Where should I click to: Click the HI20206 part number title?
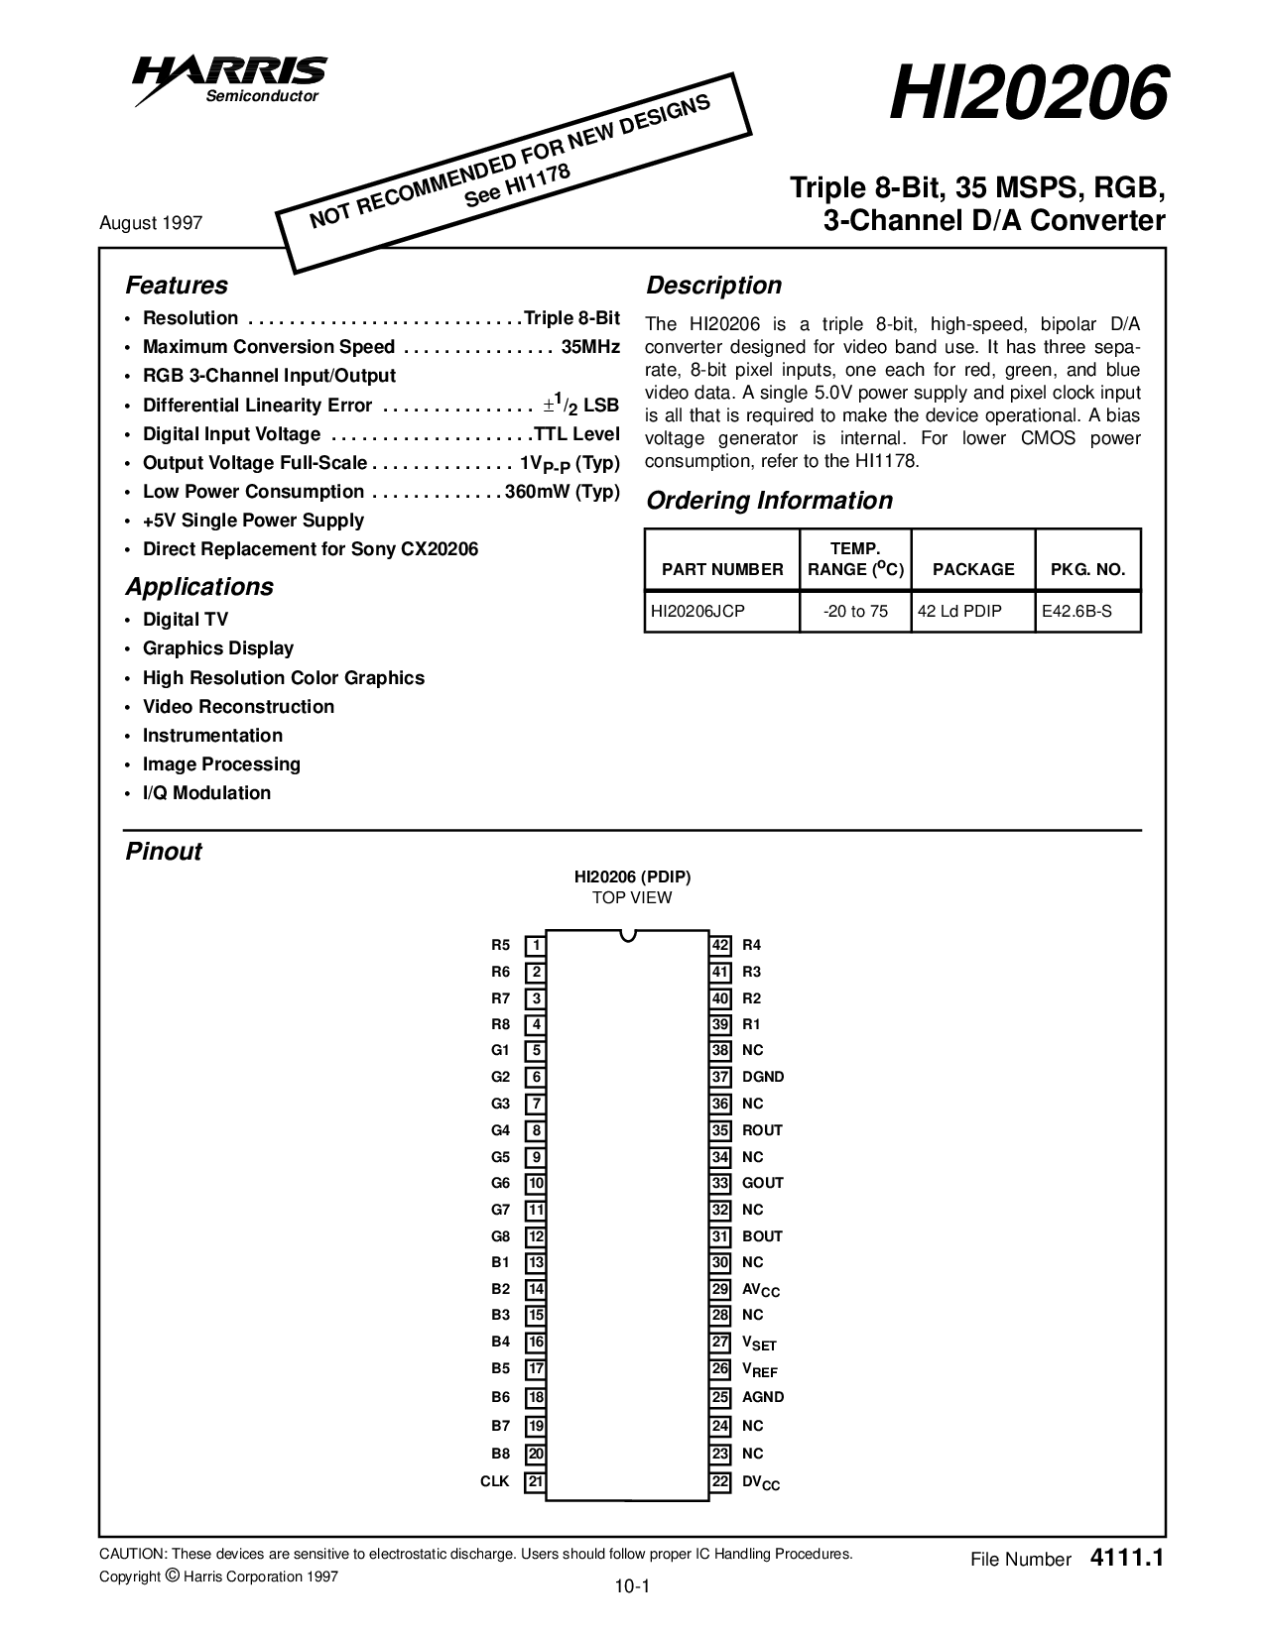tap(1026, 94)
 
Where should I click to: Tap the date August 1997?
tap(151, 222)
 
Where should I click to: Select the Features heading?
tap(176, 286)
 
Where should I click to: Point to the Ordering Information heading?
tap(769, 501)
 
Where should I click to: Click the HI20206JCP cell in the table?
tap(697, 612)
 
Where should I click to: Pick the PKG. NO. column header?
tap(1087, 569)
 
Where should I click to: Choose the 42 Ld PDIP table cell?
tap(959, 612)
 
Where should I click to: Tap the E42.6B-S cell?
tap(1076, 612)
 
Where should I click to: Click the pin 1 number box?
tap(536, 946)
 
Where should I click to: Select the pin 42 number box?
tap(721, 946)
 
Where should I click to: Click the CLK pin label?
tap(494, 1481)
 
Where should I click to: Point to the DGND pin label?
tap(763, 1077)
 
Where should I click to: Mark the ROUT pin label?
tap(762, 1130)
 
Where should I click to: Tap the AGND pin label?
tap(763, 1397)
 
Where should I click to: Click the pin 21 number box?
tap(536, 1481)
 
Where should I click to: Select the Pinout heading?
tap(164, 852)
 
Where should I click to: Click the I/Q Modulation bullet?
tap(206, 793)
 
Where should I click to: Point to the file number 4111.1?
tap(1125, 1558)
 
